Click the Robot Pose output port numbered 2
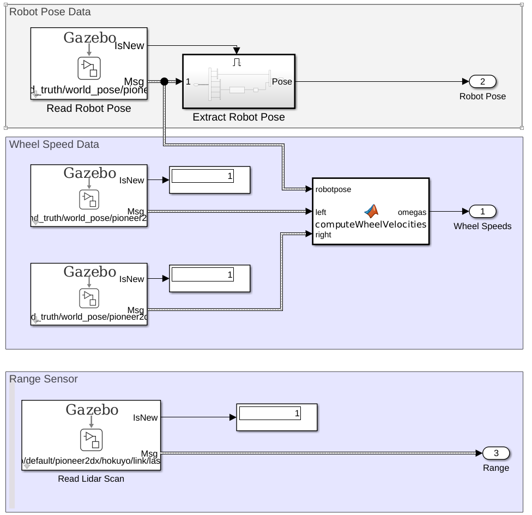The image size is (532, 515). pos(482,82)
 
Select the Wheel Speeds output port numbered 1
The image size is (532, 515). pos(482,211)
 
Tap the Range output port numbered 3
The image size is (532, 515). pos(495,453)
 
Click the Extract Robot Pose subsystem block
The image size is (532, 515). pos(239,82)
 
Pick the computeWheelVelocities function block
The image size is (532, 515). pos(371,212)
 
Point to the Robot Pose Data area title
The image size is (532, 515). pos(50,11)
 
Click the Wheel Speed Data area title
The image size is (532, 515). pos(55,145)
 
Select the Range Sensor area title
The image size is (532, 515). pos(44,379)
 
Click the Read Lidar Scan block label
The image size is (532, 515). pos(91,479)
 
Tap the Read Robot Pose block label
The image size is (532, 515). pos(89,109)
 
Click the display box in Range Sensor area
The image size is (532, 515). pos(276,417)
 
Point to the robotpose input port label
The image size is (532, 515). pos(333,190)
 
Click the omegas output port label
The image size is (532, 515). pos(412,212)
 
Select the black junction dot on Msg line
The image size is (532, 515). pos(164,82)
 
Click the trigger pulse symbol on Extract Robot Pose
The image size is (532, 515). pos(237,63)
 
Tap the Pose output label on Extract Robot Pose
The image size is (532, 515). pos(282,82)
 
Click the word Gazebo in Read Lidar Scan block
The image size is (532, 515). pos(92,410)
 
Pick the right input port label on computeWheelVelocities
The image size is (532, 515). pos(323,235)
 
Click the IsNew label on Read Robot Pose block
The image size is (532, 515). pos(129,46)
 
